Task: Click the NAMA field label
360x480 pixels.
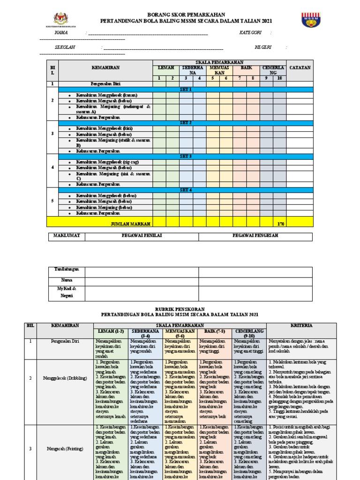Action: tap(61, 33)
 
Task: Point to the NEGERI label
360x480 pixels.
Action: tap(263, 47)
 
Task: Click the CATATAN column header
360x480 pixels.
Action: tap(300, 67)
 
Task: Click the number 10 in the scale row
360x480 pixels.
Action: tap(280, 78)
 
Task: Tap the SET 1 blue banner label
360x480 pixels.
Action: tap(186, 89)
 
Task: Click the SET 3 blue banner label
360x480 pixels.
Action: tap(186, 156)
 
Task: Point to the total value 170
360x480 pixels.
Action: tap(280, 225)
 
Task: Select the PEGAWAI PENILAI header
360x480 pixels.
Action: tap(142, 236)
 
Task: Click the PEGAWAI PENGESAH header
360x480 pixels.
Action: tap(255, 236)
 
